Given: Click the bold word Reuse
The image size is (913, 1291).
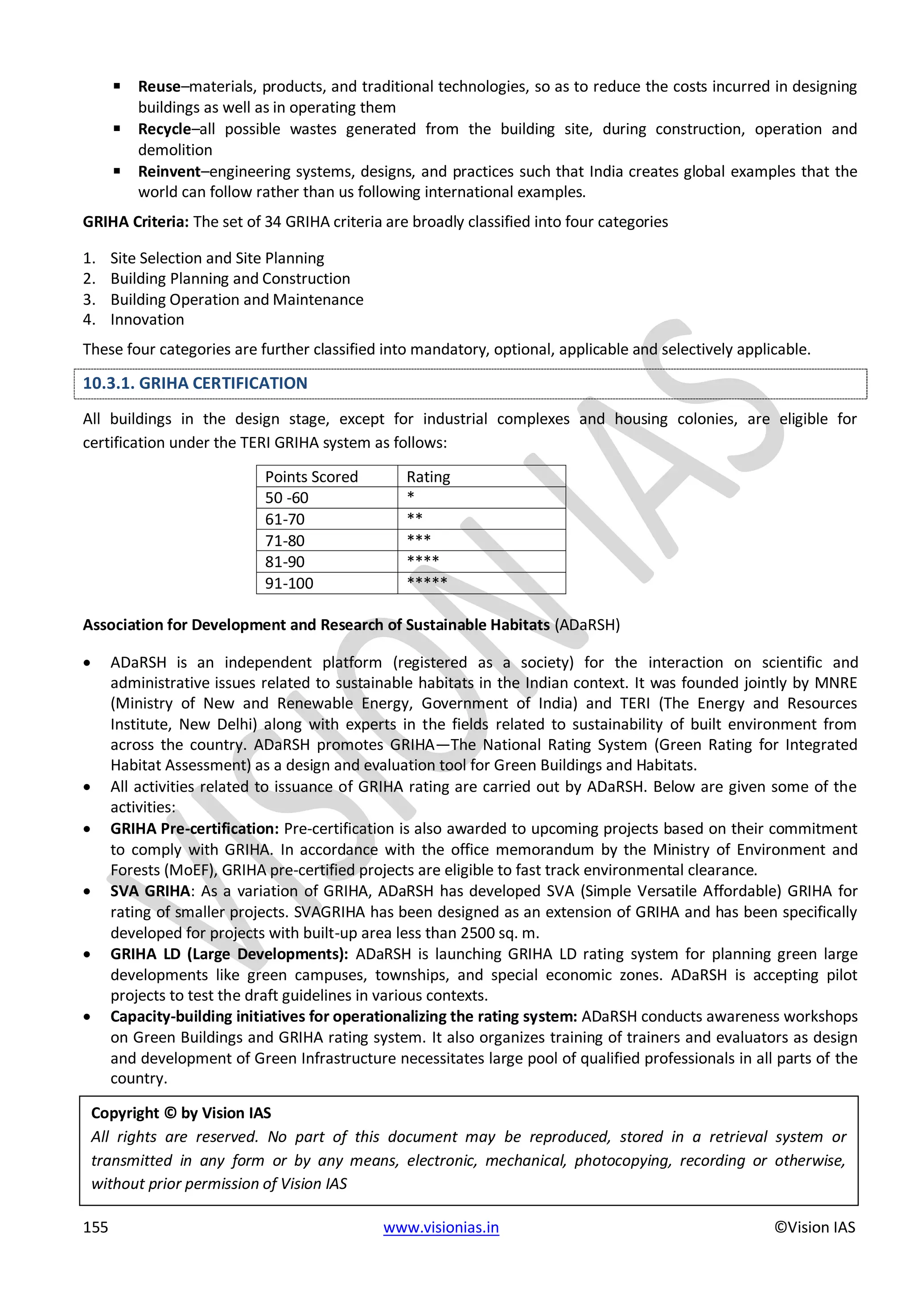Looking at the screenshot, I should (x=159, y=86).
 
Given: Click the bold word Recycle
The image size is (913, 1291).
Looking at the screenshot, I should (x=164, y=129).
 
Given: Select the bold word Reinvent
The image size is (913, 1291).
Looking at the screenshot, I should (x=169, y=172).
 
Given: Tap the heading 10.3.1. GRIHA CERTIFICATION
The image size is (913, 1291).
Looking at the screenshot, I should (x=195, y=383).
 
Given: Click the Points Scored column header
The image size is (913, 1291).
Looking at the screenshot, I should (x=312, y=477).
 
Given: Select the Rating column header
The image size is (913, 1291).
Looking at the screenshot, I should (x=428, y=477).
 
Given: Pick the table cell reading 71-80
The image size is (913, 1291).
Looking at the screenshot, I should (x=285, y=541).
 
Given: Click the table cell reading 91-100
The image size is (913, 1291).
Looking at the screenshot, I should (x=289, y=584).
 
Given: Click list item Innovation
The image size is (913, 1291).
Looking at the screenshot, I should (x=147, y=320).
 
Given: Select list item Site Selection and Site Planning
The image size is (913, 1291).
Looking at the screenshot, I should (x=217, y=258).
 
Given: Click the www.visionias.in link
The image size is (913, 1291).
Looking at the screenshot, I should (x=441, y=1227).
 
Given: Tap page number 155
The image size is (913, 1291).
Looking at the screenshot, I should (x=95, y=1227).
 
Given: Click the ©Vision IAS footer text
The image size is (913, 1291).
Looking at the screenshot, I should (x=814, y=1227).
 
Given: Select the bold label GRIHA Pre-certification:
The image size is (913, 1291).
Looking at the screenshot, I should (x=194, y=829).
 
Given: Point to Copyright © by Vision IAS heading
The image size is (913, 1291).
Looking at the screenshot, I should (x=181, y=1113).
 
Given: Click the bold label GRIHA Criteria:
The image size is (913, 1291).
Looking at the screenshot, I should (x=136, y=222).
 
